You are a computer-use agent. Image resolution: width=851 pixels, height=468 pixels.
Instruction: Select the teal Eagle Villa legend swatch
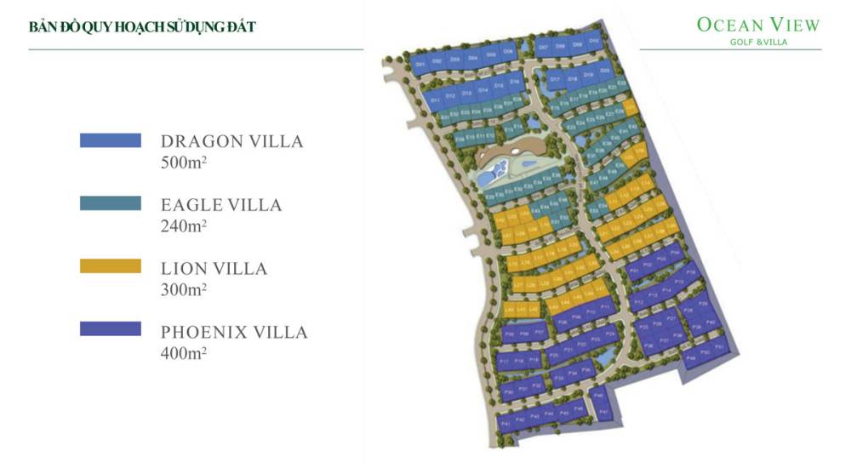[111, 204]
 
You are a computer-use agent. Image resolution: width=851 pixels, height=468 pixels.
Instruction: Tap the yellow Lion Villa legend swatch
[111, 267]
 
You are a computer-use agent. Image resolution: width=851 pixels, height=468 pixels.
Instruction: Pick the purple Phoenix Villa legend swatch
[111, 329]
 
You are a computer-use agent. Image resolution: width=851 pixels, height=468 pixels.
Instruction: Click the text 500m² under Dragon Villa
[184, 163]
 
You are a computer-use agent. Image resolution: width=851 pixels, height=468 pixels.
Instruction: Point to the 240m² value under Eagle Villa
[184, 225]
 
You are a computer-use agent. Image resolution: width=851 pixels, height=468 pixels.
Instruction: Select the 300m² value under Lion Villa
[184, 288]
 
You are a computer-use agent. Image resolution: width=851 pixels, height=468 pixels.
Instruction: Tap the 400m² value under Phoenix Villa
[184, 351]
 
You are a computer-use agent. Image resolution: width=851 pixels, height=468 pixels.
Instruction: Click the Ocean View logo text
[758, 25]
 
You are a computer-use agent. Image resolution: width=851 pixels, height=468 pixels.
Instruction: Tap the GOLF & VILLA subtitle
[758, 42]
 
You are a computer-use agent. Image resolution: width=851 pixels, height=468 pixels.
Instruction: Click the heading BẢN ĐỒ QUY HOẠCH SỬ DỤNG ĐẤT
[142, 27]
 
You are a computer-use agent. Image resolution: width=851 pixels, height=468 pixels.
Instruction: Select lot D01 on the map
[420, 63]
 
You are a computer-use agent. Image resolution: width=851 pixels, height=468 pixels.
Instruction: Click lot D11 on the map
[435, 100]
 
